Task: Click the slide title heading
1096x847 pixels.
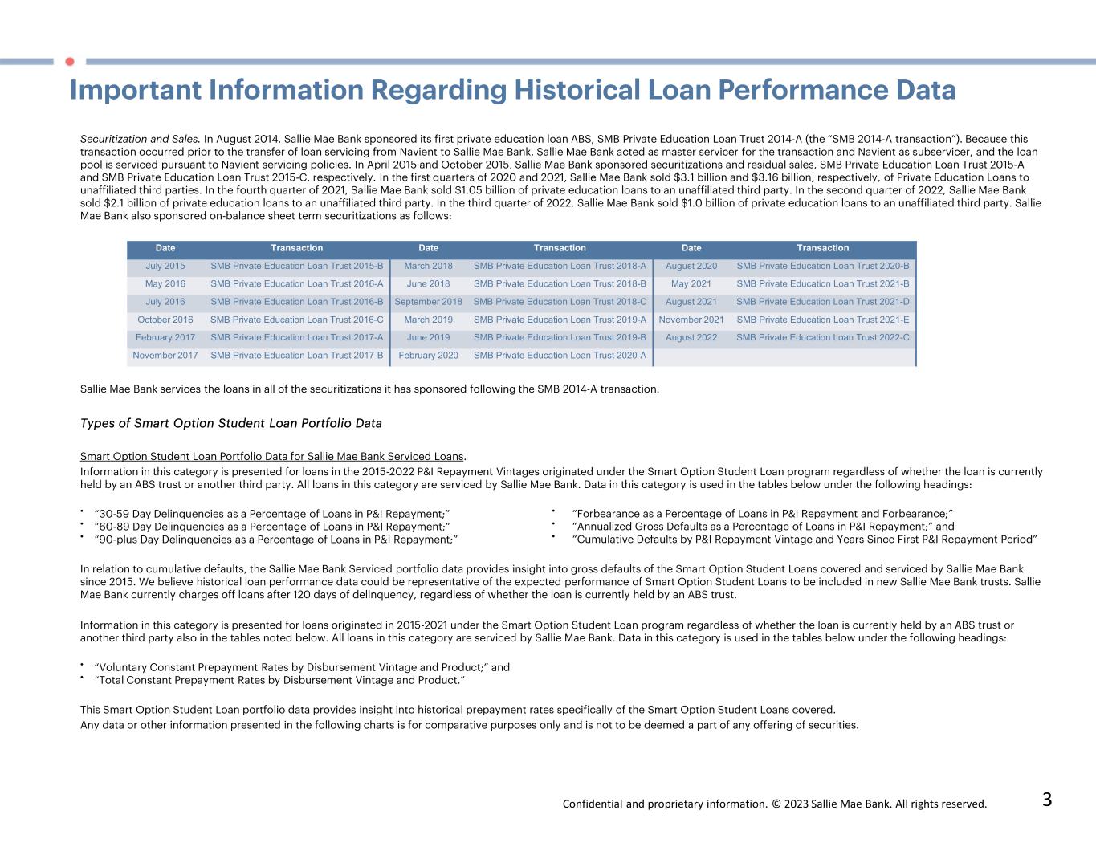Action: (512, 90)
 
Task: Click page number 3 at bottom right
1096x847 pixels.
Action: (1046, 800)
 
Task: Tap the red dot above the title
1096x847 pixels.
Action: (70, 61)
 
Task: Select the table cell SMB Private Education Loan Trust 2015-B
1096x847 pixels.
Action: (297, 266)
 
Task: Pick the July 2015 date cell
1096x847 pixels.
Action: (165, 266)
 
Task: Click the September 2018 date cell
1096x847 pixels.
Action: (428, 302)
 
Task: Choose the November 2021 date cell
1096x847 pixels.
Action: (691, 320)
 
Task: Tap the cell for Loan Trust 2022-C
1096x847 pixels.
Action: (823, 337)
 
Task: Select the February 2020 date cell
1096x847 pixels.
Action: (428, 355)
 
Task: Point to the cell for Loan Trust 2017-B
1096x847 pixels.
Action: (297, 355)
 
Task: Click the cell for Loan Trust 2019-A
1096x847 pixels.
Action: (560, 320)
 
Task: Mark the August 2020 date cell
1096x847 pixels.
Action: (691, 266)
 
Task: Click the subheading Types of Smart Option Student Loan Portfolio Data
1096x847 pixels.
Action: (231, 423)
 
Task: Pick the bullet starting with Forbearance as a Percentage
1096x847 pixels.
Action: (762, 514)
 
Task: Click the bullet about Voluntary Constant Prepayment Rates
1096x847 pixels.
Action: (302, 667)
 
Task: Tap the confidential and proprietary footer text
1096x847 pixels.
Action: (774, 804)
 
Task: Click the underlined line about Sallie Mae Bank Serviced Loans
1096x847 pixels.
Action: (273, 457)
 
